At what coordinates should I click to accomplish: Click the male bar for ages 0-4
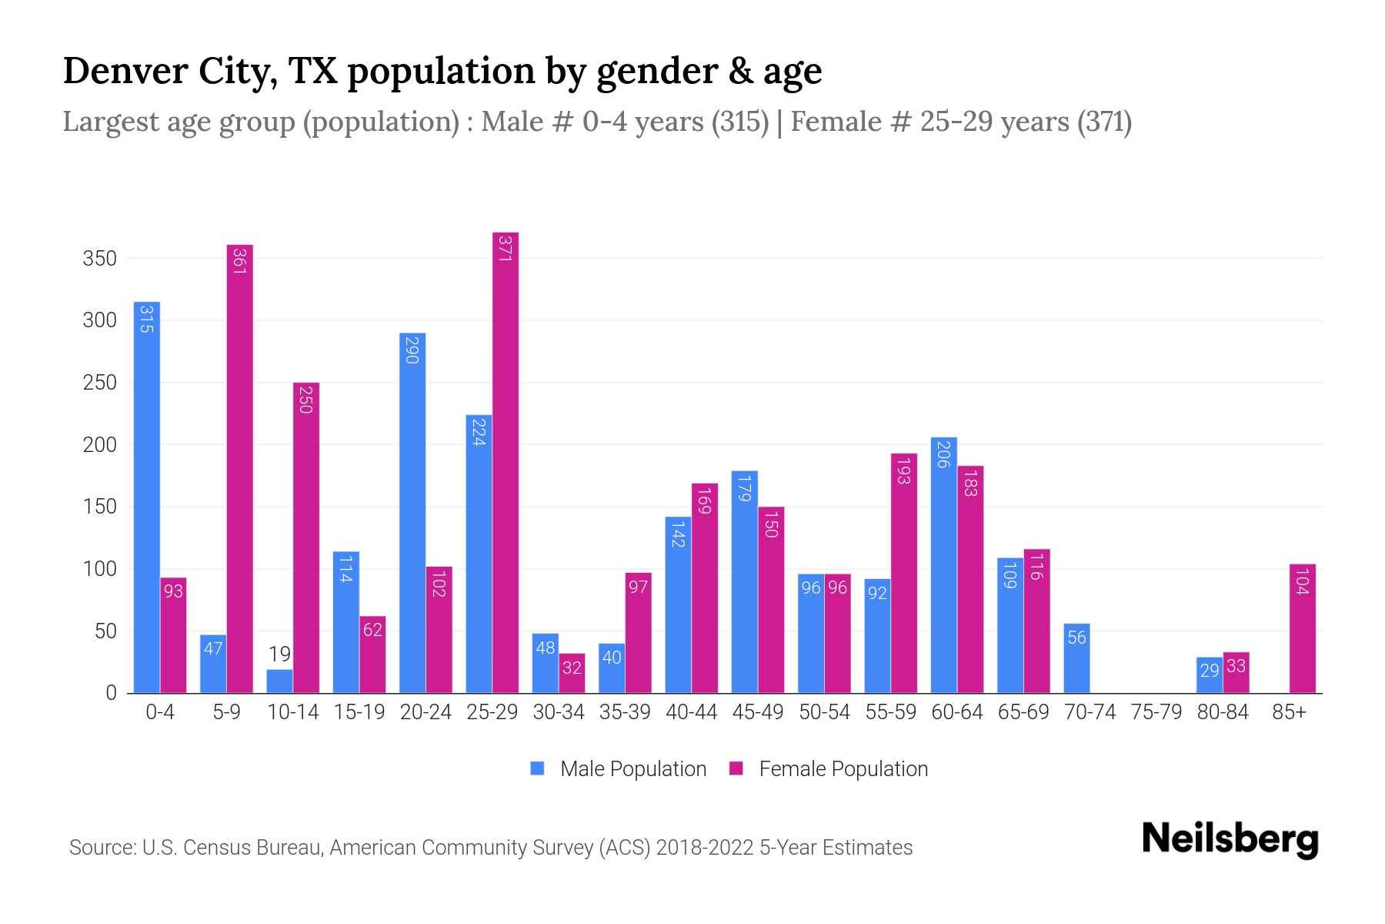[146, 500]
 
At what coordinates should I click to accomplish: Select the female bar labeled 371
[506, 462]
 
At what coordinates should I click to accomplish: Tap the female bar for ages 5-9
[240, 470]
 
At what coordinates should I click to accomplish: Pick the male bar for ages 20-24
[412, 516]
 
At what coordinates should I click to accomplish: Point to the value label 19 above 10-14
[279, 654]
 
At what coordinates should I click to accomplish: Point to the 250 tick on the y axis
[99, 383]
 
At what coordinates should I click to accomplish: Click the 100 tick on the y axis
[99, 569]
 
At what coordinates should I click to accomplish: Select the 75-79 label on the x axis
[1156, 712]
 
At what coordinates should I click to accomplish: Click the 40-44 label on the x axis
[691, 712]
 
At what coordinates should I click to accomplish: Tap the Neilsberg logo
[1230, 839]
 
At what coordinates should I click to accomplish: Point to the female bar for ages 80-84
[1236, 674]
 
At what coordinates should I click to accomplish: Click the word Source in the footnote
[101, 848]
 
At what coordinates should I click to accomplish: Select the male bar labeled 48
[546, 665]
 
